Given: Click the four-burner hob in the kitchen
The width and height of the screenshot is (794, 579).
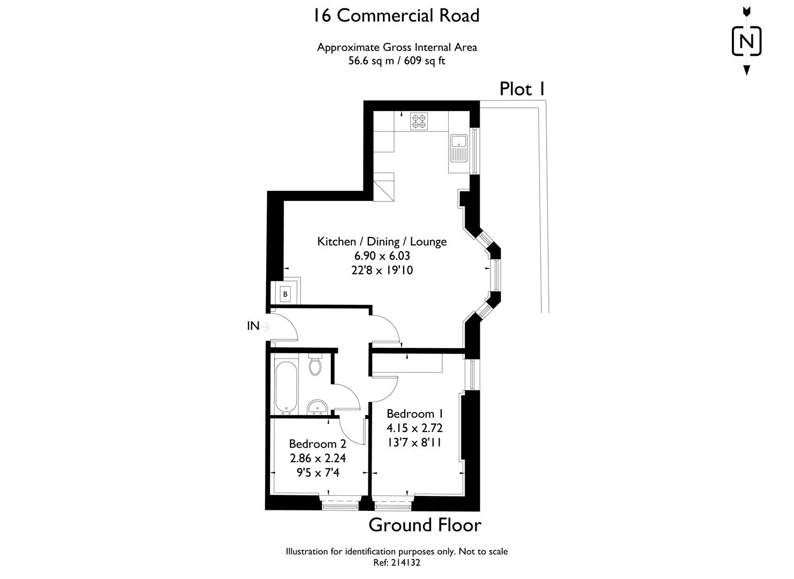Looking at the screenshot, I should click(x=419, y=121).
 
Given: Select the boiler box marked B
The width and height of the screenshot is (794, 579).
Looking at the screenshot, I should click(x=285, y=294).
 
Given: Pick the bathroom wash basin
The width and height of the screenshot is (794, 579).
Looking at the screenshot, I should click(x=318, y=407).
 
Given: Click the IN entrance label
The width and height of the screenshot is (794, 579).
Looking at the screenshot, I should click(x=253, y=325).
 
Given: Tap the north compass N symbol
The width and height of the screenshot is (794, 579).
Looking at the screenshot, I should click(x=746, y=41).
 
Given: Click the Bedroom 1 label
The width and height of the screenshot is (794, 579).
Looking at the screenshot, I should click(x=414, y=414).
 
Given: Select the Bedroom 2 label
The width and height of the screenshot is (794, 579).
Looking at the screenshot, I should click(x=317, y=444).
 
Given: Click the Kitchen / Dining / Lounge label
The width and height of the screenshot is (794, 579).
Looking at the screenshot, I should click(x=382, y=241).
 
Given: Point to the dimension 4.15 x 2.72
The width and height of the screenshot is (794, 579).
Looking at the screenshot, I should click(x=414, y=428).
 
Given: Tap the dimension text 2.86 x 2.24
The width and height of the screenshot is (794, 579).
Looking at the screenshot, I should click(x=317, y=458).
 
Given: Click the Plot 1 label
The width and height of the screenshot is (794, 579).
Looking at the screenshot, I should click(x=522, y=89).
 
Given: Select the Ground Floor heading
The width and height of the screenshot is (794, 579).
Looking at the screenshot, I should click(x=425, y=525).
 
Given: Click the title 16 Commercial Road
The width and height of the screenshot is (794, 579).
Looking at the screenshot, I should click(x=396, y=16).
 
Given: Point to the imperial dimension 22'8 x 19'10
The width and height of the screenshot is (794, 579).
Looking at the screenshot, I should click(x=382, y=270).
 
